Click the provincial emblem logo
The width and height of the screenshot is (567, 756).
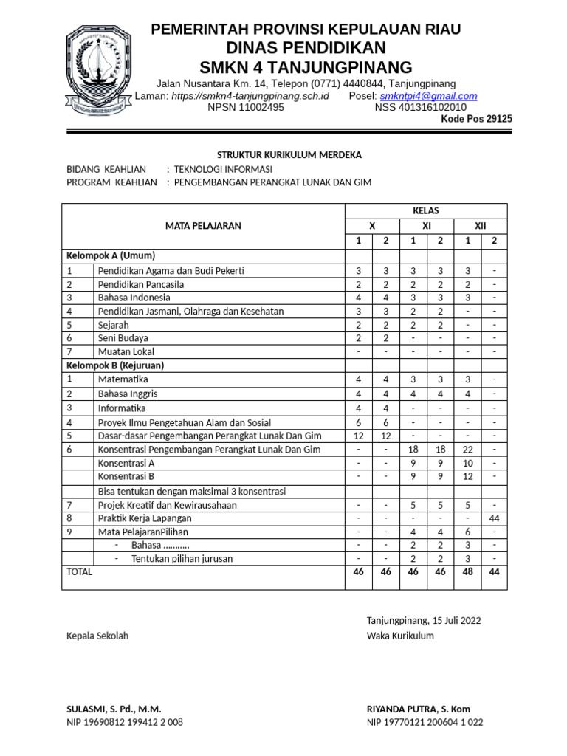pyautogui.click(x=98, y=68)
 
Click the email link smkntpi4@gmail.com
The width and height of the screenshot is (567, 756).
pyautogui.click(x=428, y=96)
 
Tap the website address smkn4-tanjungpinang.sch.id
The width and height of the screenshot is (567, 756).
pyautogui.click(x=250, y=96)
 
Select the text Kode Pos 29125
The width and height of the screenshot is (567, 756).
pyautogui.click(x=476, y=119)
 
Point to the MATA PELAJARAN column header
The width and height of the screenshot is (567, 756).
pyautogui.click(x=202, y=226)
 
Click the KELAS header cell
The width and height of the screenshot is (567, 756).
pyautogui.click(x=426, y=210)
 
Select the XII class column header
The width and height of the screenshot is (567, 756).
pyautogui.click(x=481, y=226)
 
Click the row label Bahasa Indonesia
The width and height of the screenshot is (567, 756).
pyautogui.click(x=134, y=298)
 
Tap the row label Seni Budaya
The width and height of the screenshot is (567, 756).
pyautogui.click(x=123, y=338)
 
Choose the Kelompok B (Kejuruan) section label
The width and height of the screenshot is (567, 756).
pyautogui.click(x=115, y=365)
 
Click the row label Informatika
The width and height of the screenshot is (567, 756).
pyautogui.click(x=122, y=408)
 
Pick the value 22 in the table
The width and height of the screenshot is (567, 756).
pyautogui.click(x=467, y=450)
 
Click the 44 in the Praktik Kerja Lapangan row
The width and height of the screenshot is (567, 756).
pyautogui.click(x=494, y=518)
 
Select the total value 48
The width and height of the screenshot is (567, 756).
pyautogui.click(x=467, y=572)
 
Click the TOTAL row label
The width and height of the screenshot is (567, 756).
pyautogui.click(x=80, y=572)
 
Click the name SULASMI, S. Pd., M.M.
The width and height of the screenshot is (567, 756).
pyautogui.click(x=114, y=709)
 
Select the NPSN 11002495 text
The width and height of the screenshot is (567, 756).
pyautogui.click(x=246, y=107)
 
